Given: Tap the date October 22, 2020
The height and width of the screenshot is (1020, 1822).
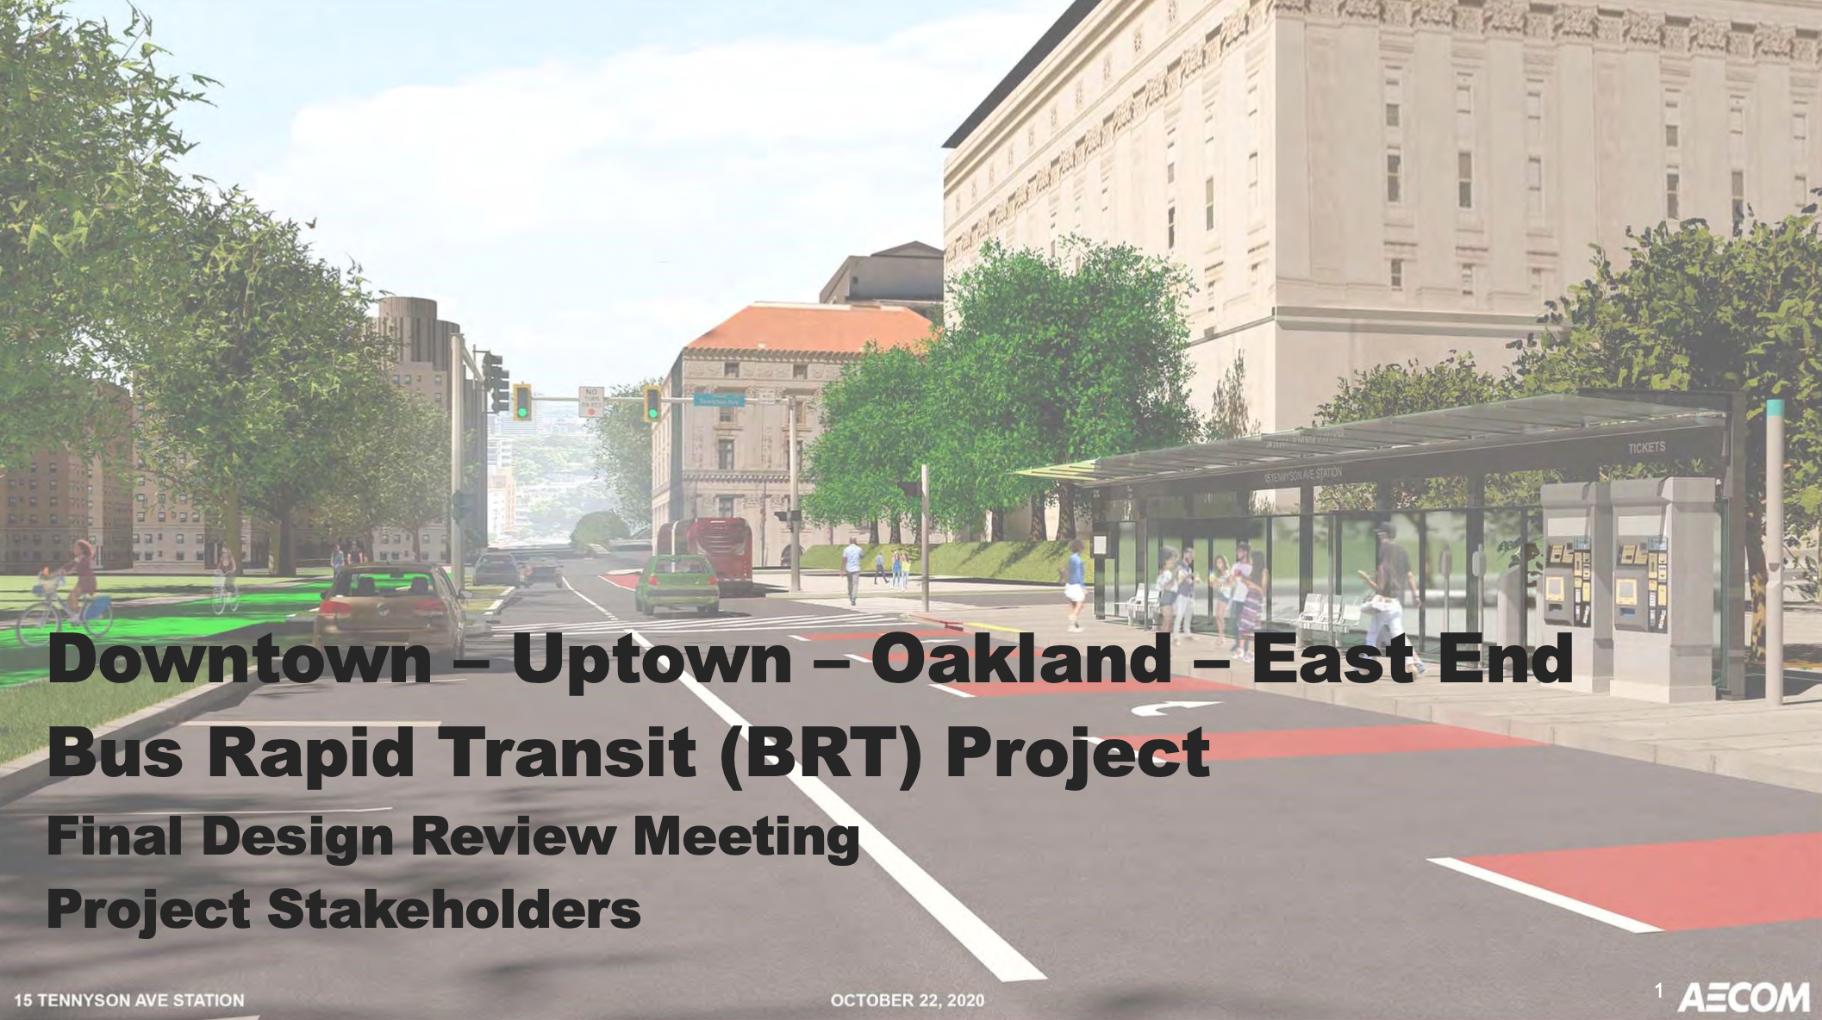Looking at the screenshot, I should point(907,1000).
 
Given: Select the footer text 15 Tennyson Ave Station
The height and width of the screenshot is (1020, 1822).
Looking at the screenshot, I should point(129,1000).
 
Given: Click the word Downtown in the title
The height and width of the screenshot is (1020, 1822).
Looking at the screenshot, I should point(240,659).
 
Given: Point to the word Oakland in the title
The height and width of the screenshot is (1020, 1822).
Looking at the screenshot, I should point(1020,659).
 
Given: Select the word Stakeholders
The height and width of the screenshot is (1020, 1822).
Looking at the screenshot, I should point(454,909).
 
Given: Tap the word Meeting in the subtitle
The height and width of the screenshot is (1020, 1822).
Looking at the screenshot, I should point(746,837).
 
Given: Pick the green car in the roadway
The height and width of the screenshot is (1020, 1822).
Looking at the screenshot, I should point(678,583).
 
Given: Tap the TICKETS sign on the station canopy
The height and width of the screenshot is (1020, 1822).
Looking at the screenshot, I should point(1646,448).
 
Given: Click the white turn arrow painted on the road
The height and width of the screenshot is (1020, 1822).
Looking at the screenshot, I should point(1175,708).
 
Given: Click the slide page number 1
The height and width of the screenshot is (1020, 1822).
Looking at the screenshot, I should point(1658,992).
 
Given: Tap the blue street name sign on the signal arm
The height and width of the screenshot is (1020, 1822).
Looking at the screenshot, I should point(719,400).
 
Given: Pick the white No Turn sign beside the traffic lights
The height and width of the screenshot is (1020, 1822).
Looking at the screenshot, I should point(590,401).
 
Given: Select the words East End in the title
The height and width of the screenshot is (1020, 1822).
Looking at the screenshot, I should point(1412,659).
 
